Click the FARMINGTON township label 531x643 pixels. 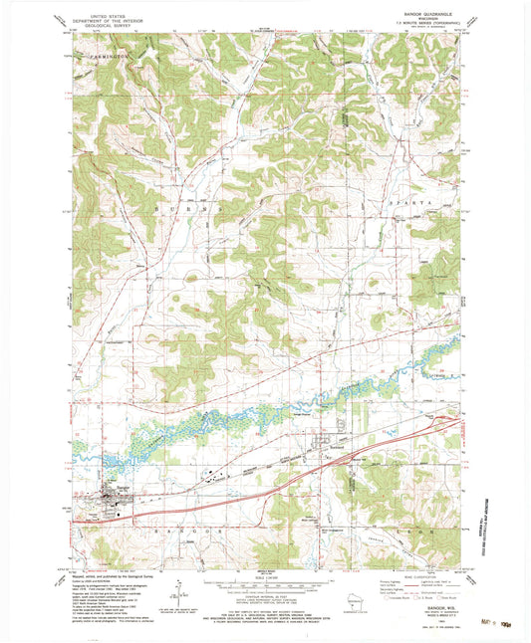coord(104,59)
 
